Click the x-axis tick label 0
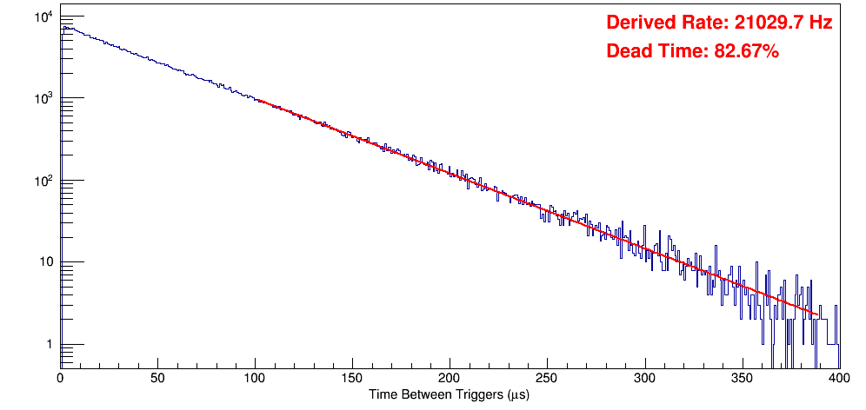pyautogui.click(x=60, y=379)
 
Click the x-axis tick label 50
pyautogui.click(x=157, y=379)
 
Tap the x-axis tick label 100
pyautogui.click(x=255, y=379)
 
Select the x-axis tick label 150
pyautogui.click(x=352, y=379)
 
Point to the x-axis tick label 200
pyautogui.click(x=450, y=379)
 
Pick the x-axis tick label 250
pyautogui.click(x=547, y=379)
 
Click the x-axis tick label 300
pyautogui.click(x=644, y=379)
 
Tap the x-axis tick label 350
pyautogui.click(x=742, y=379)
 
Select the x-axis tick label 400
pyautogui.click(x=837, y=379)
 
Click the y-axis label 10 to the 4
pyautogui.click(x=43, y=16)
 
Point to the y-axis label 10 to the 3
pyautogui.click(x=43, y=97)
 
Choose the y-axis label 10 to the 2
pyautogui.click(x=43, y=180)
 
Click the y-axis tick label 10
pyautogui.click(x=45, y=262)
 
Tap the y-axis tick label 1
pyautogui.click(x=49, y=345)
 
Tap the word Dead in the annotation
pyautogui.click(x=628, y=52)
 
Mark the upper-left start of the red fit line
pyautogui.click(x=258, y=101)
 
